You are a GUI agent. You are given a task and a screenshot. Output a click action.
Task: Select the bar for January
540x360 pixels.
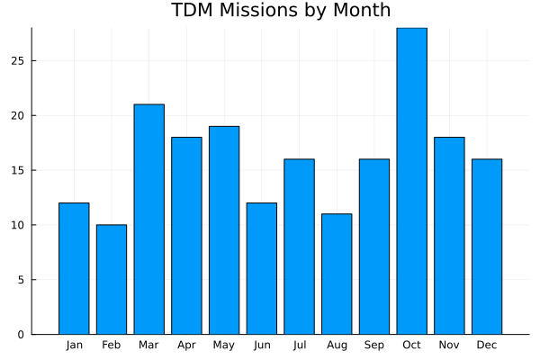click(x=74, y=268)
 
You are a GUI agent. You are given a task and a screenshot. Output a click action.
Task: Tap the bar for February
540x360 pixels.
click(x=112, y=279)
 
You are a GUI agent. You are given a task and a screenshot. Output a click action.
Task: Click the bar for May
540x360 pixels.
click(x=224, y=230)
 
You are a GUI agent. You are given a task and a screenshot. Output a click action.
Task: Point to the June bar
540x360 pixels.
click(x=262, y=268)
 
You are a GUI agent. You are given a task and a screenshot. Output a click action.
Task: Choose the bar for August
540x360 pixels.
click(x=337, y=274)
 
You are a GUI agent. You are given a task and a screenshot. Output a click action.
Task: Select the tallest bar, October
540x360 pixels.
click(x=411, y=181)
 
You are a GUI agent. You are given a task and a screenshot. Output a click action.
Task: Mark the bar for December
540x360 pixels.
click(x=487, y=247)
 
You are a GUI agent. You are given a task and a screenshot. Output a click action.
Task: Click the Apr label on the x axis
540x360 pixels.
click(x=186, y=345)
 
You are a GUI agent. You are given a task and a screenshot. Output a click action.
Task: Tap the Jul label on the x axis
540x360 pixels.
click(x=299, y=345)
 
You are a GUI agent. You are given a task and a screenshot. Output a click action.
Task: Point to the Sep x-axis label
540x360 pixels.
click(x=374, y=345)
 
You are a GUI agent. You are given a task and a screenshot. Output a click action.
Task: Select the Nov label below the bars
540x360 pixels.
click(x=449, y=345)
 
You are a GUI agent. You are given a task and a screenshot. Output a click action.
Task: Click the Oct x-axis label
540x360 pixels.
click(x=411, y=345)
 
